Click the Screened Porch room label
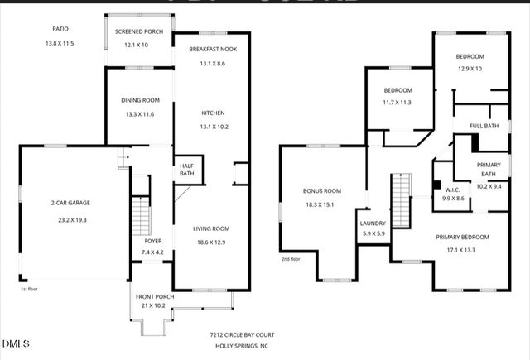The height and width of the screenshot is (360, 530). [139, 31]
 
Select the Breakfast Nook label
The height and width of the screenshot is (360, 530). [213, 50]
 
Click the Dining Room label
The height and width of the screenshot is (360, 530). [139, 101]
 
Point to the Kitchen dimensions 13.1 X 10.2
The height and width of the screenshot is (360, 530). [213, 127]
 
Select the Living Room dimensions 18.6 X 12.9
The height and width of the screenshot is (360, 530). [211, 242]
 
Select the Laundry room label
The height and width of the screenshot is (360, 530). [372, 223]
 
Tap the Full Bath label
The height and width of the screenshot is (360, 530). [484, 126]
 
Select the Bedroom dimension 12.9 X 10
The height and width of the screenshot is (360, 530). [470, 69]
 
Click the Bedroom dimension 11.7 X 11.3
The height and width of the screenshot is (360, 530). [397, 103]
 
